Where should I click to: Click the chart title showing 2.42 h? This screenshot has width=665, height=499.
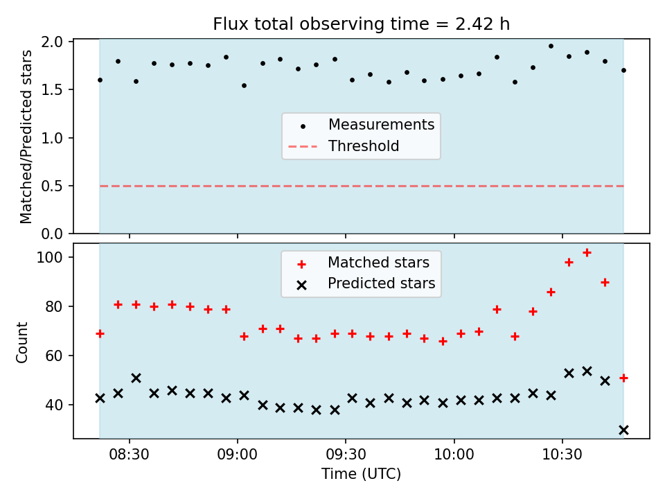pos(362,24)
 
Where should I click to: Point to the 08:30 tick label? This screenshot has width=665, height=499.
pos(129,455)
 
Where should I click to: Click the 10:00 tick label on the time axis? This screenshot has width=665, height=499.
pos(454,455)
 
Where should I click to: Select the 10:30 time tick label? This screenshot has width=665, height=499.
pos(562,455)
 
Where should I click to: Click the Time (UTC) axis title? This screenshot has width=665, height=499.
pos(362,473)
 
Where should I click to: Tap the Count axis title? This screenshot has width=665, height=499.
pos(21,342)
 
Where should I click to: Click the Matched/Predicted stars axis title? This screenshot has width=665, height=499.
pos(26,137)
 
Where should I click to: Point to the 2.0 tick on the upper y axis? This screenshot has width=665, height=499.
pos(52,42)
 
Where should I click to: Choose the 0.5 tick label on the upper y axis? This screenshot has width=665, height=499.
pos(52,186)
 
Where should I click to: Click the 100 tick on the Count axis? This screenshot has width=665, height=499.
pos(50,258)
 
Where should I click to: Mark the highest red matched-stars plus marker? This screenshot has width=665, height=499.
pos(587,253)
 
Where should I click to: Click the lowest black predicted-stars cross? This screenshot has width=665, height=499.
pos(623,430)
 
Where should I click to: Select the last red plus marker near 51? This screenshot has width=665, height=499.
pos(623,378)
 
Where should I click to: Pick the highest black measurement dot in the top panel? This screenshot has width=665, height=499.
pos(551,46)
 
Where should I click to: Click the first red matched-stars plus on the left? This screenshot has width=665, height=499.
pos(100,334)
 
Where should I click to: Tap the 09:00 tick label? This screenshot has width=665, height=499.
pos(237,455)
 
